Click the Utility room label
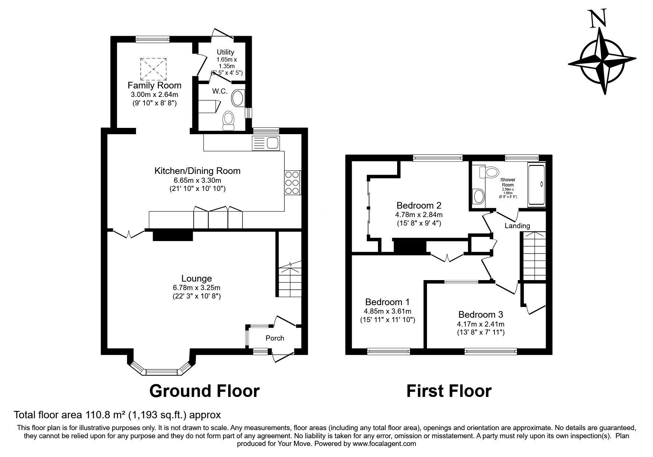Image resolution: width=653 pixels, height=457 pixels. tap(225, 52)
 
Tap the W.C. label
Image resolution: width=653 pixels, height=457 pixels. tap(220, 91)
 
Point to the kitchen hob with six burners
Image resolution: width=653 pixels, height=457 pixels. tap(293, 182)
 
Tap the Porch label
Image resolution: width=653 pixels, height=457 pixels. tap(275, 338)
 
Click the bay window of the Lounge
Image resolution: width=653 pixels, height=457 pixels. tap(161, 367)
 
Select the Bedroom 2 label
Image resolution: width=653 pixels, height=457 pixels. tap(419, 205)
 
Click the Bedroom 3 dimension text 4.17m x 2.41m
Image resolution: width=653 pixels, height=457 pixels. tap(481, 324)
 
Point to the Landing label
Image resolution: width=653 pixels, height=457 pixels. tap(517, 226)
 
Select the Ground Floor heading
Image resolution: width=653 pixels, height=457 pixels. tap(205, 391)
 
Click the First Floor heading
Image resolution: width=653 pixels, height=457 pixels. tap(449, 391)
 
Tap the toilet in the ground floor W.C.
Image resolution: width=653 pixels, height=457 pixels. tap(229, 121)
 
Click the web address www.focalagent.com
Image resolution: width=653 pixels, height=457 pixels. tap(384, 444)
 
